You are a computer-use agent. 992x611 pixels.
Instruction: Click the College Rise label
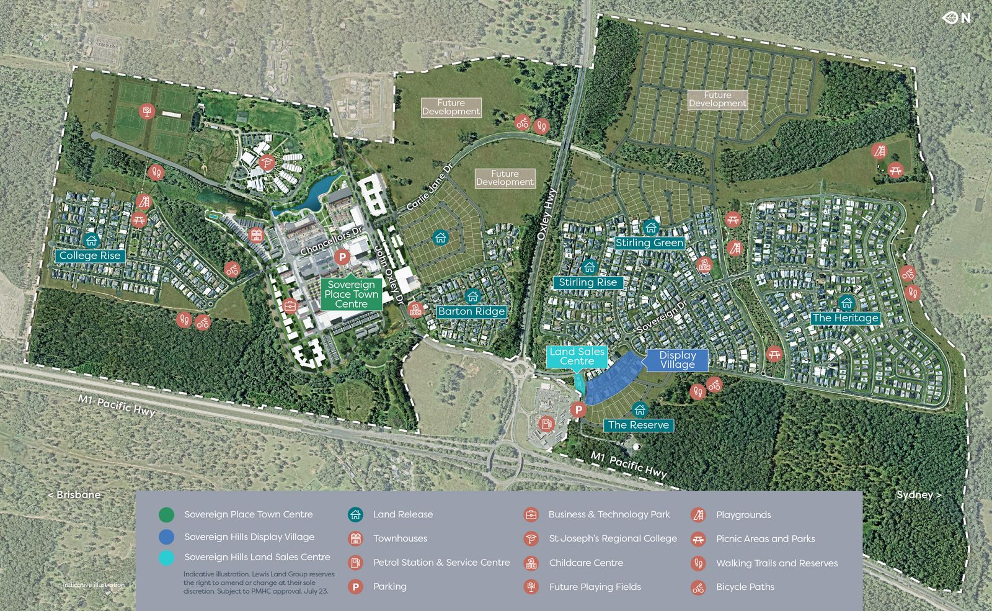click(90, 256)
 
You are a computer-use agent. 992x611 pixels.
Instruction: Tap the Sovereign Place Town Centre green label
click(351, 294)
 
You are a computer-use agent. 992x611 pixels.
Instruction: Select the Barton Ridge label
click(471, 311)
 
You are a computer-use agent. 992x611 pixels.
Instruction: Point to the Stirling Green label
click(650, 243)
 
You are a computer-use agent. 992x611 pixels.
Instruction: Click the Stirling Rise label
click(588, 283)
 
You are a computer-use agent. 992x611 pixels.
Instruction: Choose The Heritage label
click(845, 318)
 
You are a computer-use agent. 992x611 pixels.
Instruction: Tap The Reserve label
click(638, 425)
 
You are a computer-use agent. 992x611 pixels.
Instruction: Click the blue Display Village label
click(677, 360)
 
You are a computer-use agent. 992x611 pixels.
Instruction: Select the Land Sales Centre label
click(577, 356)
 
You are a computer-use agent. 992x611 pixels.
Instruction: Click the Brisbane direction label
click(74, 495)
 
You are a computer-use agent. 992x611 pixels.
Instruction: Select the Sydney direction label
click(919, 495)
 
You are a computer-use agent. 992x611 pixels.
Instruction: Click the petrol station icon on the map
click(546, 424)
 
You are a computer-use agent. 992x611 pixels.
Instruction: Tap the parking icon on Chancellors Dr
click(341, 256)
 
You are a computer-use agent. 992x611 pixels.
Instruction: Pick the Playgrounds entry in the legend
click(743, 515)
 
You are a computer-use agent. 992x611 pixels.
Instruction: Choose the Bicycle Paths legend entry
click(745, 587)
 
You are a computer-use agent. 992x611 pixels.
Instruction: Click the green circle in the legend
click(166, 515)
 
